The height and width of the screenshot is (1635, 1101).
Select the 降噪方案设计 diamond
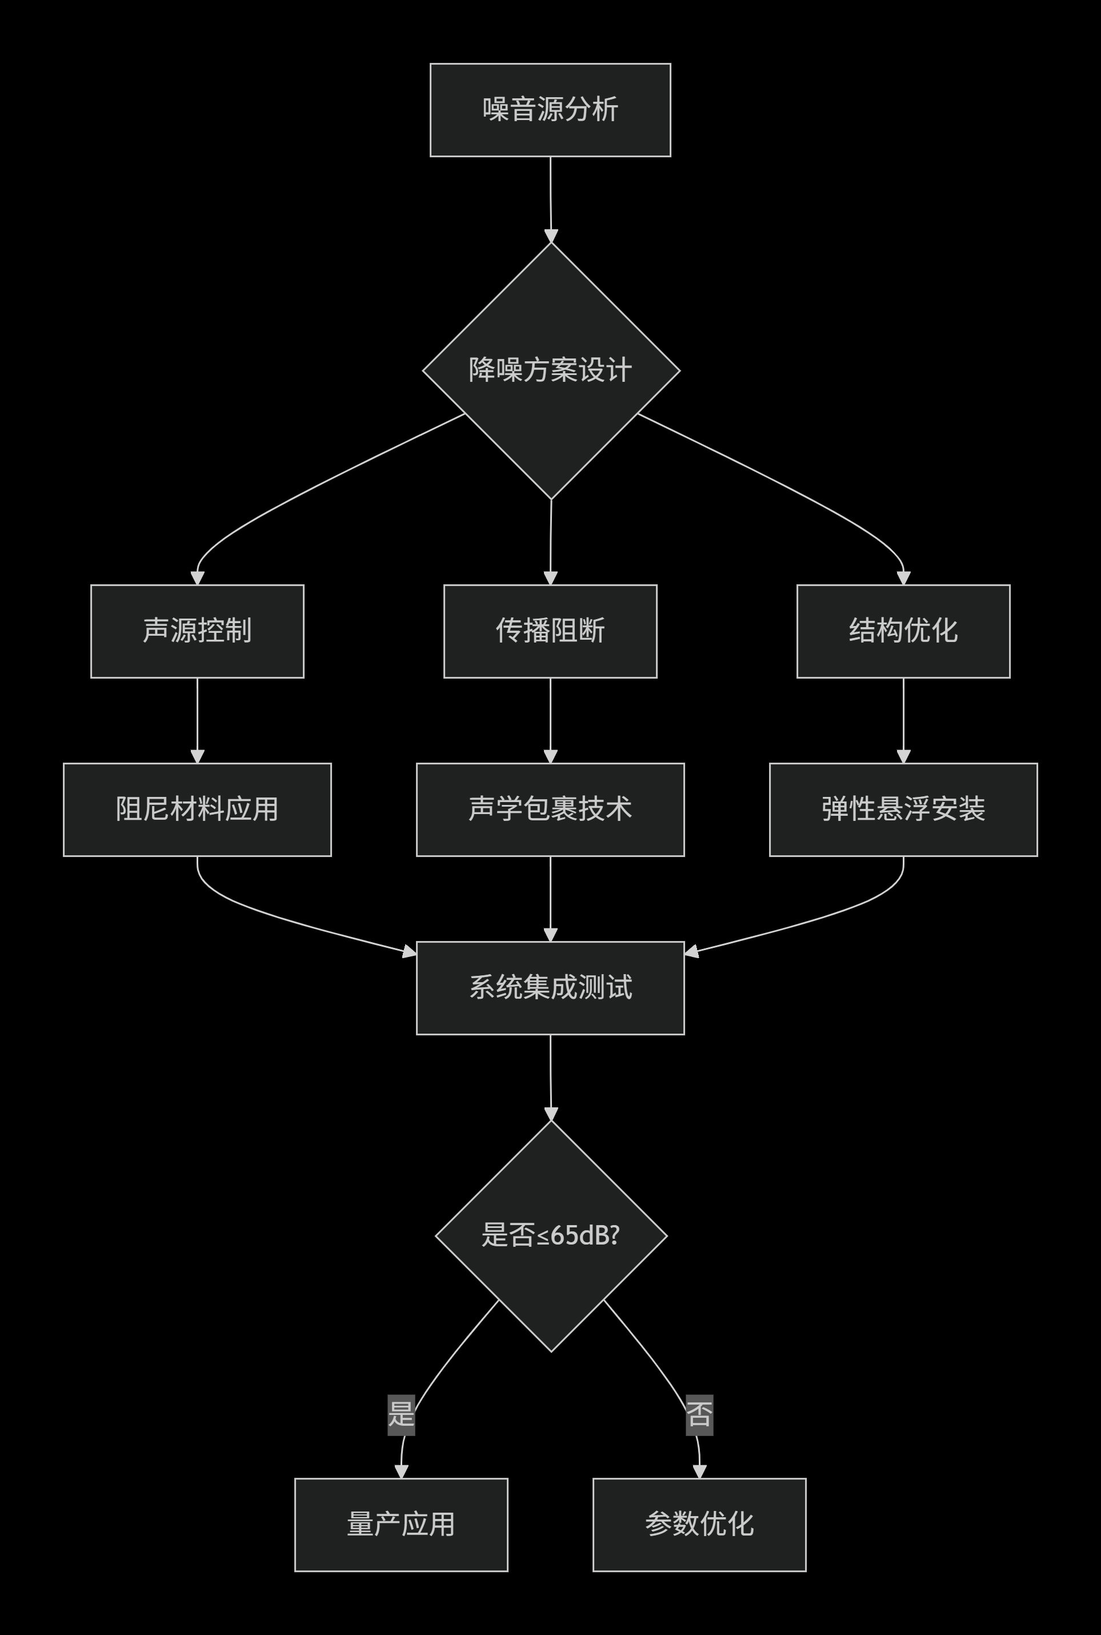(x=551, y=370)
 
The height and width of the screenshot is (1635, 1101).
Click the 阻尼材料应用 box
(x=197, y=809)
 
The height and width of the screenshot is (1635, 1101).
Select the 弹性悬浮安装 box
(x=903, y=809)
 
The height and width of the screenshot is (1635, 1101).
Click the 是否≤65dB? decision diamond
(x=551, y=1235)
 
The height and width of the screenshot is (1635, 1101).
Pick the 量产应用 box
(x=401, y=1524)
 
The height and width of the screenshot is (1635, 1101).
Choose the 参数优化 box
(x=699, y=1524)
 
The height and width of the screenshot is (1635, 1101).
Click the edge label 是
(x=401, y=1414)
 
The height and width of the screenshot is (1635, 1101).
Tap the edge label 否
(x=699, y=1414)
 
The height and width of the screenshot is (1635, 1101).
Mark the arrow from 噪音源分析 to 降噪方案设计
(x=551, y=200)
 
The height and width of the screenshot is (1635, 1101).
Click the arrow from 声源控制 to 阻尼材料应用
(x=197, y=720)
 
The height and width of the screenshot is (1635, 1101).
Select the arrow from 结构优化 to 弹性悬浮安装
(x=903, y=720)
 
